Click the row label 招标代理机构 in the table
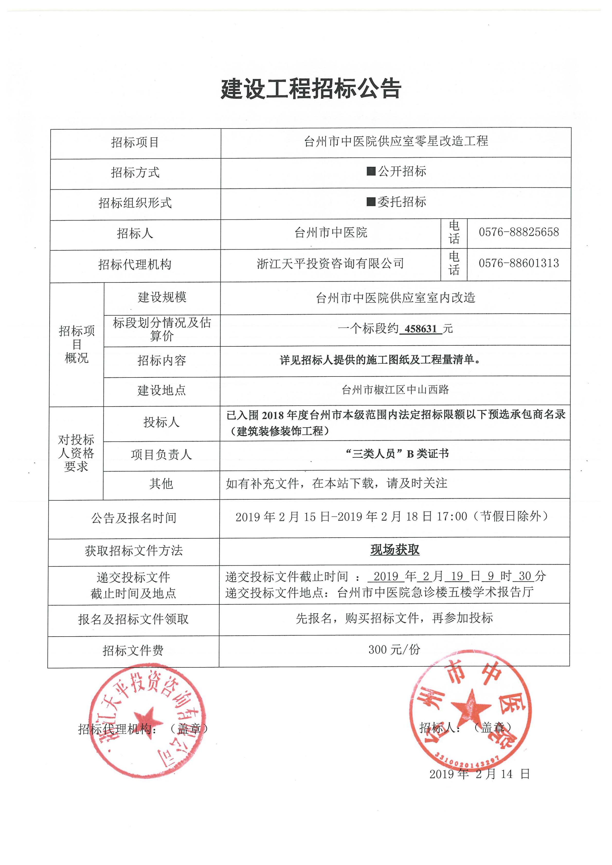pos(135,264)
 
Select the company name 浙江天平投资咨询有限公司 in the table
pos(330,263)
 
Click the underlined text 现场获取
pos(394,550)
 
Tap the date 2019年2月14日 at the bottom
pos(479,774)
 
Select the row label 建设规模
pos(162,297)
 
